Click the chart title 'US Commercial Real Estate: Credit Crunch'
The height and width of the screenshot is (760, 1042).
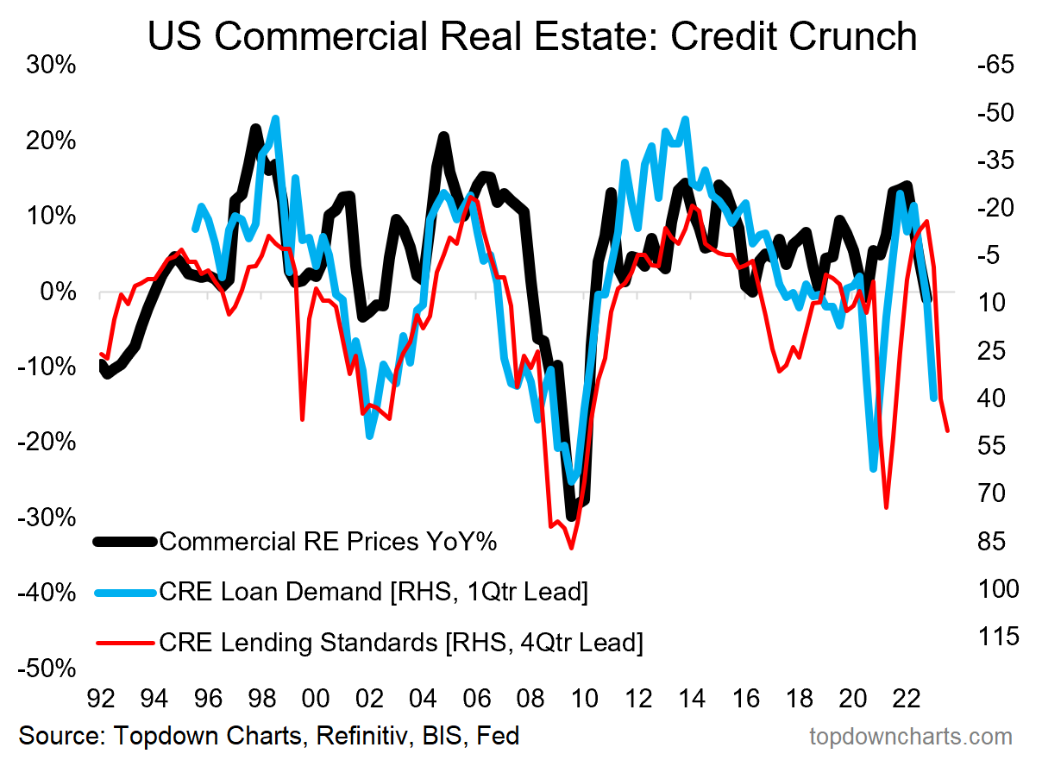[532, 36]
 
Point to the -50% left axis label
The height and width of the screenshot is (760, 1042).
[48, 670]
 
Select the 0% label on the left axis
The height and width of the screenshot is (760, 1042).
[60, 292]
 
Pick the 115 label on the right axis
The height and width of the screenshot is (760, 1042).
[997, 637]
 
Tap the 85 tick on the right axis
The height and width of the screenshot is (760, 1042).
[1001, 542]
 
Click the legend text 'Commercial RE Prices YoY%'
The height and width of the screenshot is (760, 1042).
[329, 542]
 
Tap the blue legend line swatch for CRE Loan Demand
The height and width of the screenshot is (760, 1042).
[125, 592]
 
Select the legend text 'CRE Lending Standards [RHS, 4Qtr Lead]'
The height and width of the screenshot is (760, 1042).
[401, 643]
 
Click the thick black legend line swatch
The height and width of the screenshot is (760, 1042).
[125, 542]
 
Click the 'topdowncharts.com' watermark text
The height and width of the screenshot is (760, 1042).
[911, 736]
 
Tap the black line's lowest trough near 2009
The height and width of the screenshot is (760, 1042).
[571, 517]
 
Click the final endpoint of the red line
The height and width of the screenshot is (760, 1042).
[948, 430]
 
